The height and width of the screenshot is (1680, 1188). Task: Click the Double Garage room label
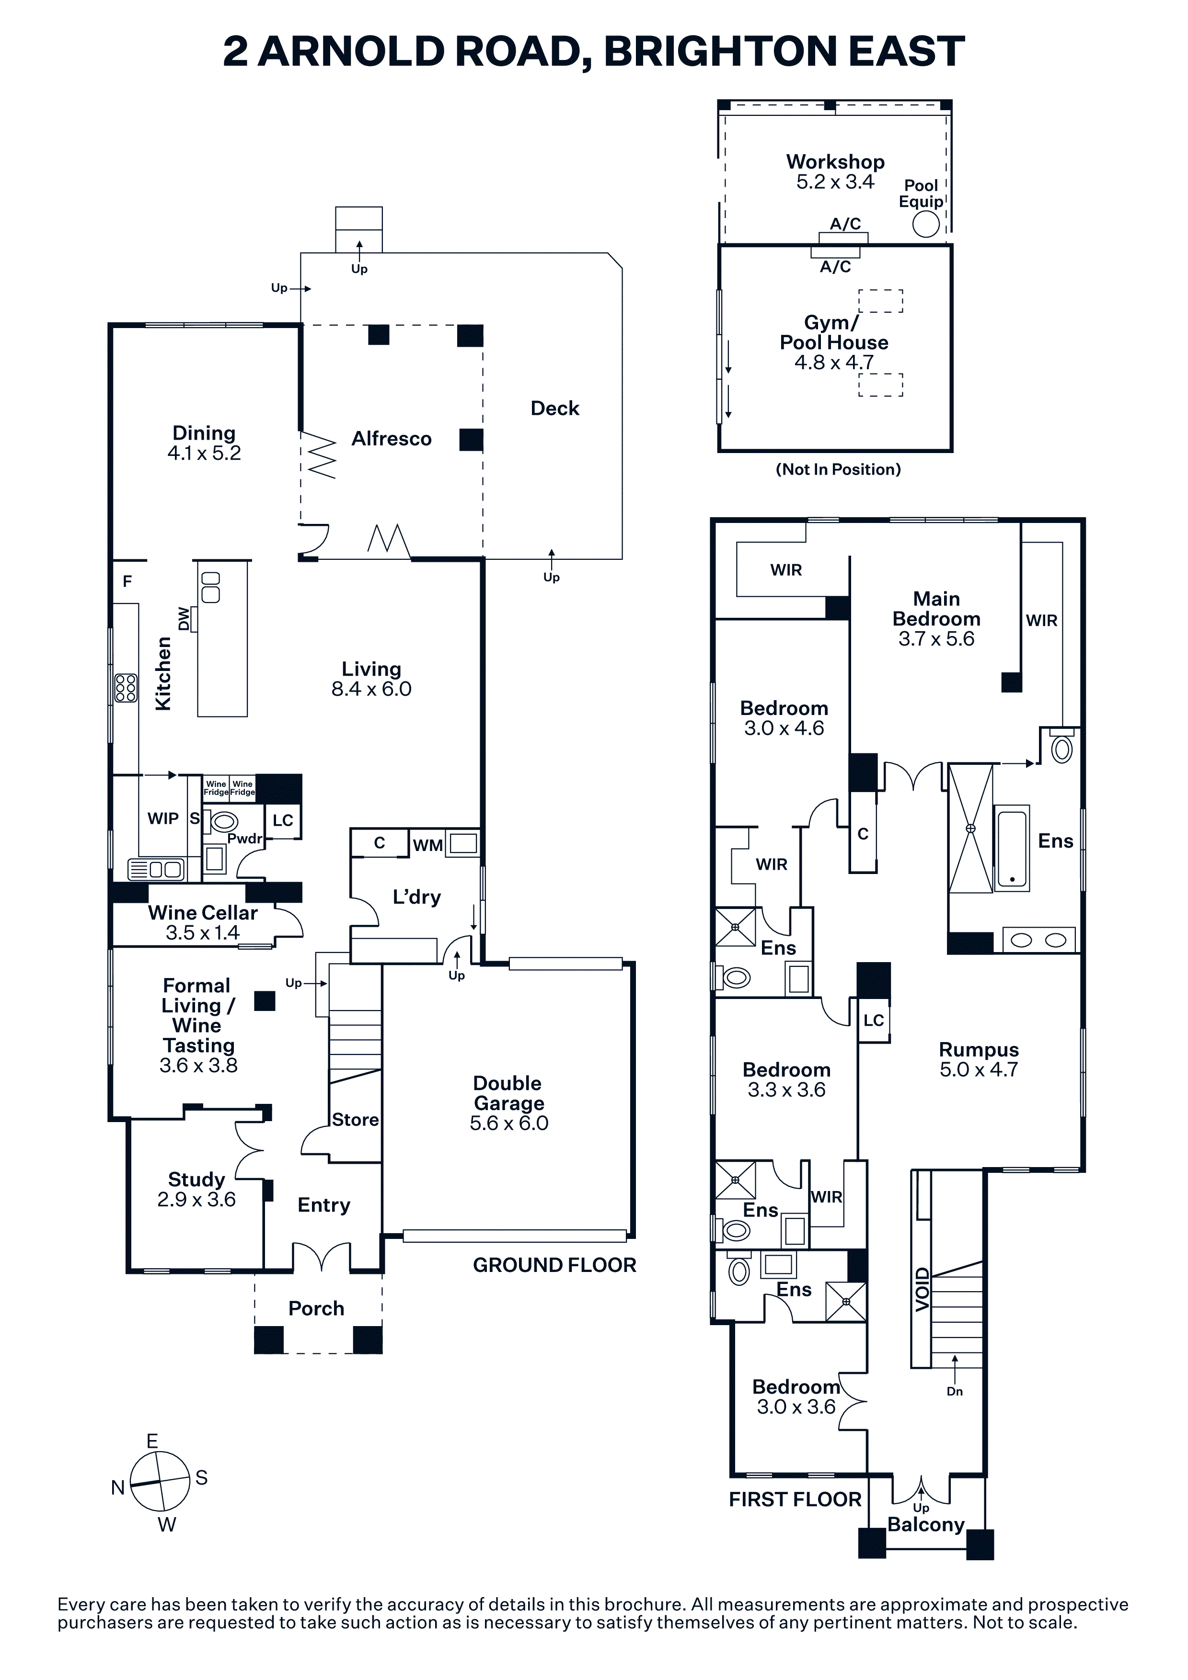[508, 1093]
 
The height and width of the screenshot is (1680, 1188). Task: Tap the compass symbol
[160, 1482]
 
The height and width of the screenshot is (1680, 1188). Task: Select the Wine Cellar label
[203, 913]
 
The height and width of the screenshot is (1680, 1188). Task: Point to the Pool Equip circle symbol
[926, 224]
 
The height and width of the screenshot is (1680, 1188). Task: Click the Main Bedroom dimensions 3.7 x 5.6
[936, 639]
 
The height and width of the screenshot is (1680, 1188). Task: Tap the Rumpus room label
[979, 1050]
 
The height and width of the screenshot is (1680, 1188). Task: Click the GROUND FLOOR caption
[554, 1265]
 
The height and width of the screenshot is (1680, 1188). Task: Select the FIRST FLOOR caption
[795, 1499]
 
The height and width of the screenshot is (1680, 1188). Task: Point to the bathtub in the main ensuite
[1012, 847]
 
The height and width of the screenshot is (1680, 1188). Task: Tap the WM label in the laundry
[427, 846]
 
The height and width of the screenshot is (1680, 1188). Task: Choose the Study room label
[196, 1180]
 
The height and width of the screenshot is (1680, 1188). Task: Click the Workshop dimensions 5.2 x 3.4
[835, 182]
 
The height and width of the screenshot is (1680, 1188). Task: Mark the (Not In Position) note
[838, 470]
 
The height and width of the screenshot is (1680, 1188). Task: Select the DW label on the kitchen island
[184, 619]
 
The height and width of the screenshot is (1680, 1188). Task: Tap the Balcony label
[926, 1525]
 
